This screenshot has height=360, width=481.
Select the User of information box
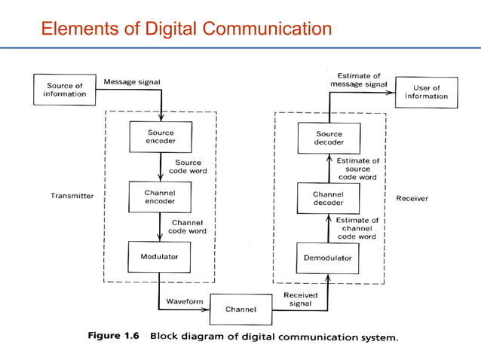[x=426, y=92]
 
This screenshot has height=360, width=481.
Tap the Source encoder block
[x=159, y=136]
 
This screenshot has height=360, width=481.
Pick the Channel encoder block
[x=159, y=197]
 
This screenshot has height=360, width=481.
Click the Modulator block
[x=159, y=257]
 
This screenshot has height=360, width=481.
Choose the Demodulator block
[x=327, y=258]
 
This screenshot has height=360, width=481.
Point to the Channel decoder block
[x=327, y=197]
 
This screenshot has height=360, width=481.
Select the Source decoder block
[x=329, y=138]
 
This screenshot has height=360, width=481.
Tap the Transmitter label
[x=72, y=196]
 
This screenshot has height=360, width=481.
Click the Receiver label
[x=412, y=199]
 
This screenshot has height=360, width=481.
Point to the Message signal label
[x=131, y=81]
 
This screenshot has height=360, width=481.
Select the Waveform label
[x=184, y=301]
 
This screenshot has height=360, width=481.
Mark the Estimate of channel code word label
[x=356, y=228]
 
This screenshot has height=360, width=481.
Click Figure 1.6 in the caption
[x=115, y=336]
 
